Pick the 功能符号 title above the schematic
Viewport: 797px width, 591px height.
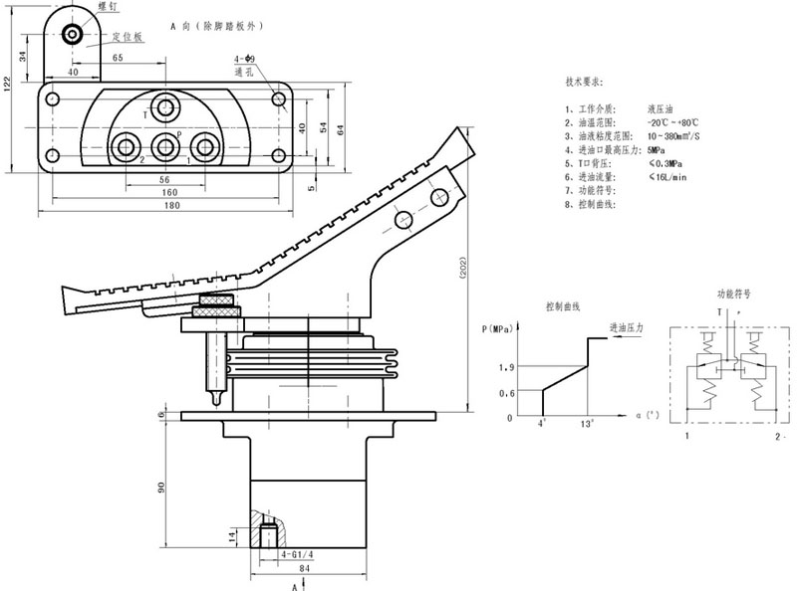734,295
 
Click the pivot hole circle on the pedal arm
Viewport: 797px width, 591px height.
402,219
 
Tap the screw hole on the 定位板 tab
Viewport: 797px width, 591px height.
73,36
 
